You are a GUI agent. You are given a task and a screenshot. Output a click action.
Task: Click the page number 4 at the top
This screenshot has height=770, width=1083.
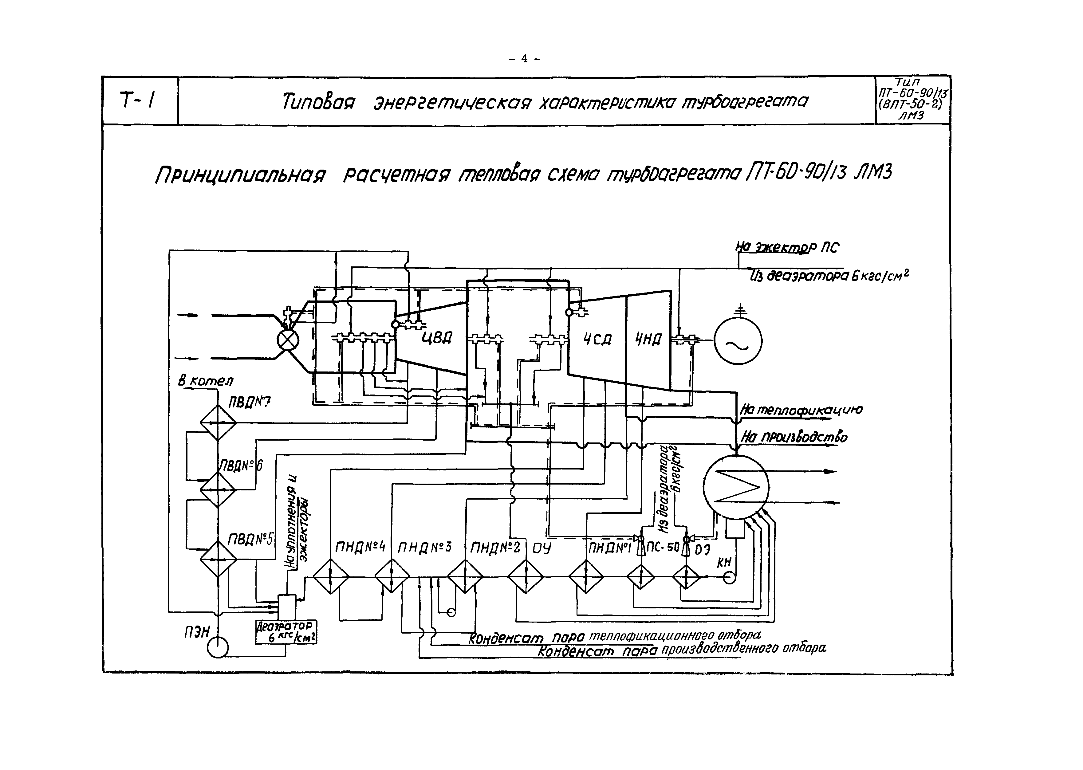[x=524, y=58]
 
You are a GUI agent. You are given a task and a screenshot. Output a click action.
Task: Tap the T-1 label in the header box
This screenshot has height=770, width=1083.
[x=137, y=100]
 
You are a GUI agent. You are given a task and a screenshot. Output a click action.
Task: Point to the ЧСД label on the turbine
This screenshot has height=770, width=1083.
[x=597, y=339]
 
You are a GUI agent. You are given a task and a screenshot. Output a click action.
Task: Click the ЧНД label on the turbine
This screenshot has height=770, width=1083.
[x=648, y=339]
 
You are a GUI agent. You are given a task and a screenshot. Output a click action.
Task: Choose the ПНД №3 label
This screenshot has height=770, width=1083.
[x=425, y=548]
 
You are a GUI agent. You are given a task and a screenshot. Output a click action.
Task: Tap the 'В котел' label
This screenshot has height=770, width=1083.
[x=205, y=381]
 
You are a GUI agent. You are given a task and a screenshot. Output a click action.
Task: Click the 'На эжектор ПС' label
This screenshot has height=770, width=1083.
[x=787, y=247]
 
